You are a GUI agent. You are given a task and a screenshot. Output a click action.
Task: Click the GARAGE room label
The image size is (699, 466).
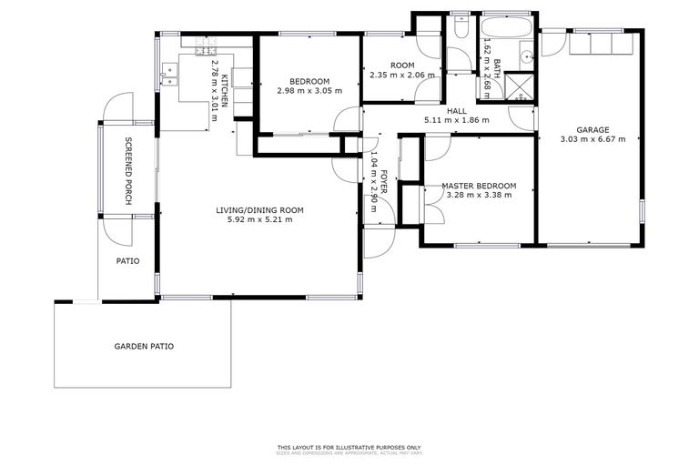pos(592,129)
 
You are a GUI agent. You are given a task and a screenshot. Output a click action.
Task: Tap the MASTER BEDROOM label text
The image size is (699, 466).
pos(479,186)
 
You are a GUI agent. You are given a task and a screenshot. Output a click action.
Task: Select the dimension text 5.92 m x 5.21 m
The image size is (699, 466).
pos(259,219)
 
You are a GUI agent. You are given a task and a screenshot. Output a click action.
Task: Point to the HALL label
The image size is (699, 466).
pos(457,109)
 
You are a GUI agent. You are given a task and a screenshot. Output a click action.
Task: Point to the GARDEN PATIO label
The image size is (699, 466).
pos(144,346)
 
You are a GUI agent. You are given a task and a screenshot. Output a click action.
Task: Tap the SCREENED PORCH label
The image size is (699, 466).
pos(128,170)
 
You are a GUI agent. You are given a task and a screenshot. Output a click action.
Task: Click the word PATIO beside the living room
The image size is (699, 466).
pos(127,260)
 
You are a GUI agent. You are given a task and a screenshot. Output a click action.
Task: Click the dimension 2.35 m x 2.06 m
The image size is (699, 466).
pos(401,75)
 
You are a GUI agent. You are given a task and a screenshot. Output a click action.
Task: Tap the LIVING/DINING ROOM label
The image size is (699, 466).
pos(259,210)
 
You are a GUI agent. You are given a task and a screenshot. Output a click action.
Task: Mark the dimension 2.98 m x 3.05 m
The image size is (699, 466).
pos(309,90)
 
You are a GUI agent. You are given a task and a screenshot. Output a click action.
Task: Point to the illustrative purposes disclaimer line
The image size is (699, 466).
pos(349,447)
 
